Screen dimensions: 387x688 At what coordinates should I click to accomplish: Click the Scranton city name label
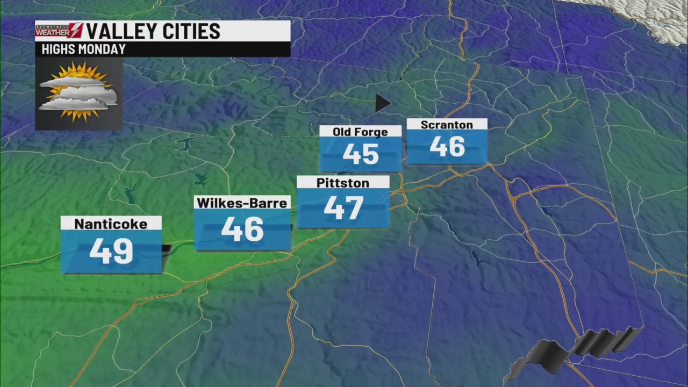(x=447, y=125)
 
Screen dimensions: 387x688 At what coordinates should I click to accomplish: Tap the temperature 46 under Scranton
(x=447, y=147)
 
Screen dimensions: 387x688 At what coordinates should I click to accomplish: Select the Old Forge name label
(x=360, y=132)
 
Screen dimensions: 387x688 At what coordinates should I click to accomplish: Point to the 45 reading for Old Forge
(x=361, y=154)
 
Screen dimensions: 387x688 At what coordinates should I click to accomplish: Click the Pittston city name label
(x=343, y=183)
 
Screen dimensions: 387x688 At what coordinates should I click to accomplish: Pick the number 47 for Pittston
(x=343, y=208)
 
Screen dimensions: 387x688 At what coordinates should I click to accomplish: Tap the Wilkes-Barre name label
(x=242, y=203)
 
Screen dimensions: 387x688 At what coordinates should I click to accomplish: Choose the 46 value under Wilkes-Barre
(x=242, y=230)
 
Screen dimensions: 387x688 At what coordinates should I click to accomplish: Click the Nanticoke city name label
(x=111, y=224)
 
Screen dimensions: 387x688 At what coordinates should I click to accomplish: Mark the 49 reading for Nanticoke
(x=111, y=251)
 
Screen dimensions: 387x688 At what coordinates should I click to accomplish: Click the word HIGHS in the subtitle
(x=56, y=49)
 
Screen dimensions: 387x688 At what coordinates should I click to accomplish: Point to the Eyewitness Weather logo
(x=59, y=31)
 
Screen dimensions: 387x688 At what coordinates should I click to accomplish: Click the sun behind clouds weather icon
(x=78, y=92)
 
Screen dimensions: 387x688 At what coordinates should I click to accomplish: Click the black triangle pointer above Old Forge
(x=382, y=103)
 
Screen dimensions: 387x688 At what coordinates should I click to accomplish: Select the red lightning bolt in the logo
(x=76, y=31)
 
